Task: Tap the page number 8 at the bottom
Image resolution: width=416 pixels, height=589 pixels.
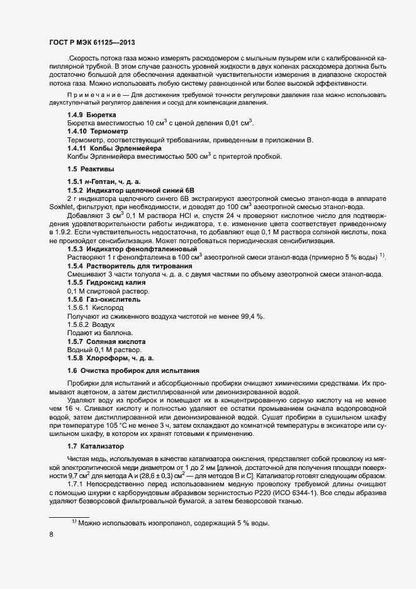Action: click(x=51, y=534)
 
